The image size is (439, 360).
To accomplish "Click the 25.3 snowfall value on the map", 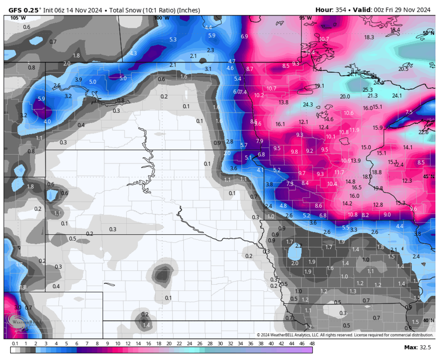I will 367,90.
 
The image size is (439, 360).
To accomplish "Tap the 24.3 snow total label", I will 308,105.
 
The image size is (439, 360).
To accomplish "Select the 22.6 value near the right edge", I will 423,132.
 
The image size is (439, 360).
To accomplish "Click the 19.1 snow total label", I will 319,86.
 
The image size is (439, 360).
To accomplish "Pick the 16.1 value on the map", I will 280,124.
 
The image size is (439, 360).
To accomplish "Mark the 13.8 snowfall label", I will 284,102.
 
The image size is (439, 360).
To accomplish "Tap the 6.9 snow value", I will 244,36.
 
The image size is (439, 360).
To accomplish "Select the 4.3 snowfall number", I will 133,53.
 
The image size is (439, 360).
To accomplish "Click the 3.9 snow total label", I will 78,79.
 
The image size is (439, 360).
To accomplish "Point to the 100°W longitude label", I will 161,18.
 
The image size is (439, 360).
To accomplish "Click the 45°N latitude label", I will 428,176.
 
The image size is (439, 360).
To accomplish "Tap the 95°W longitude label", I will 305,18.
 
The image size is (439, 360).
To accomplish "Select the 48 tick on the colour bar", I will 312,343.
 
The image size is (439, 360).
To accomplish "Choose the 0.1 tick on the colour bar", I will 15,343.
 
